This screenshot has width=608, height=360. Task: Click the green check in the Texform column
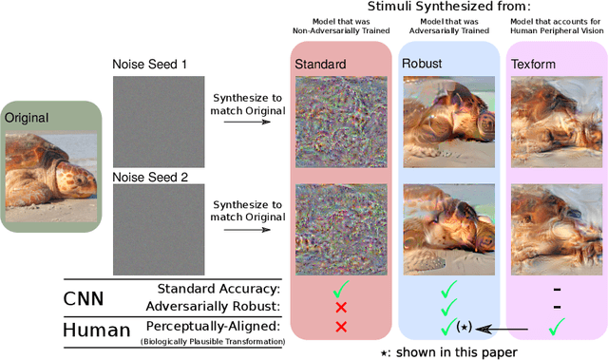[x=557, y=327]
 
